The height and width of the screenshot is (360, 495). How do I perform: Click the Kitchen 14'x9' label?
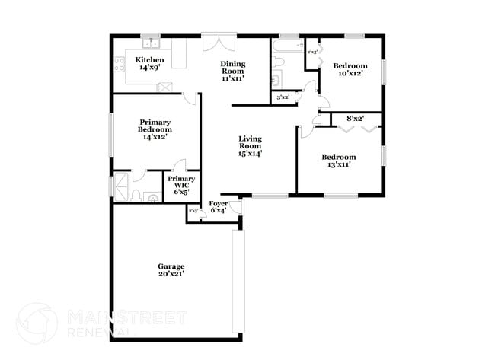coord(148,63)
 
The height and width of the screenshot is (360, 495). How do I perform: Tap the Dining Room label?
coord(233,71)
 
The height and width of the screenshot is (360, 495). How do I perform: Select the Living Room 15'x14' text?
coord(250,145)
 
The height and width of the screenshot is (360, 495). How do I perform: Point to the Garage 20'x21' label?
coord(171,269)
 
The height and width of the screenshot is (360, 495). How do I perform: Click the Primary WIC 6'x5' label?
coord(181,185)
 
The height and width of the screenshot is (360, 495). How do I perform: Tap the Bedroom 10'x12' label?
coord(350,71)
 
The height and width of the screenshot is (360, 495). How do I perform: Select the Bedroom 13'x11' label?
coord(338,161)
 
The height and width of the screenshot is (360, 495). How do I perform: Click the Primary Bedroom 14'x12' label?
coord(155,129)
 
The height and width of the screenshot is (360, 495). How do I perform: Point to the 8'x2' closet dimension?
coord(355,119)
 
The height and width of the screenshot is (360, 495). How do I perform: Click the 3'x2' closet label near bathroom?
coord(283,97)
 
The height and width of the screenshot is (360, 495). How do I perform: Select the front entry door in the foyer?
coord(236,206)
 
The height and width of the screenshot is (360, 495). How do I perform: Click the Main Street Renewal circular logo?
coord(37,323)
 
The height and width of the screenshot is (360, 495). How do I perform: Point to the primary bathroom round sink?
coord(152,199)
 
